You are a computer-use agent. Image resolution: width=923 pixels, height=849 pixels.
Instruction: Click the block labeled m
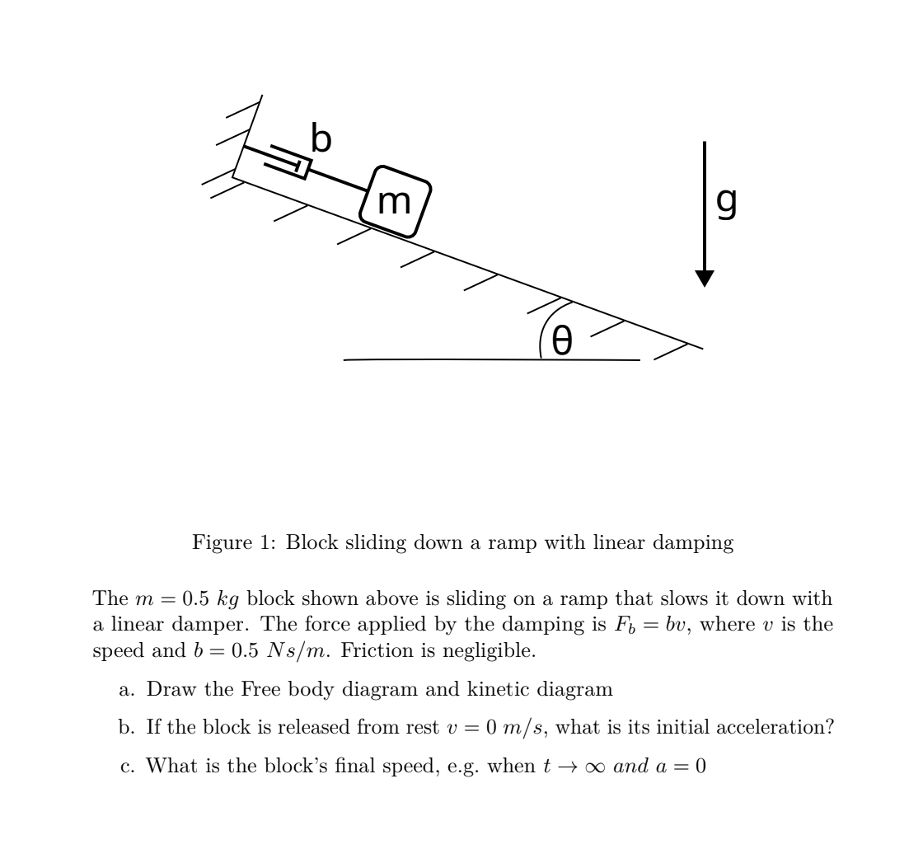pos(395,201)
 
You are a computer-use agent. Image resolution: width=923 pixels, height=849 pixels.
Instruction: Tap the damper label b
pos(321,138)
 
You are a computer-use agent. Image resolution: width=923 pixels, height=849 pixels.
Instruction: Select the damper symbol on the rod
pos(288,162)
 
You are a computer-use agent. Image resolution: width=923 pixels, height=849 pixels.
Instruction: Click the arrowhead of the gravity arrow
pos(704,278)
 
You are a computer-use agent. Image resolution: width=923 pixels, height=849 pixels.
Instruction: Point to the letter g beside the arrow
pos(726,201)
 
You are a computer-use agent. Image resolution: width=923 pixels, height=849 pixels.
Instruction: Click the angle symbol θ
pos(561,340)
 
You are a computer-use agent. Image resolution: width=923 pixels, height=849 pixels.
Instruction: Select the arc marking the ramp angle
pos(544,330)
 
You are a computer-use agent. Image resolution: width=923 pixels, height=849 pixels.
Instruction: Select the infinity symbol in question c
pos(593,767)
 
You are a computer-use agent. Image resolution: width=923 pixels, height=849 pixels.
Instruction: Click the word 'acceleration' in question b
pos(771,728)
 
